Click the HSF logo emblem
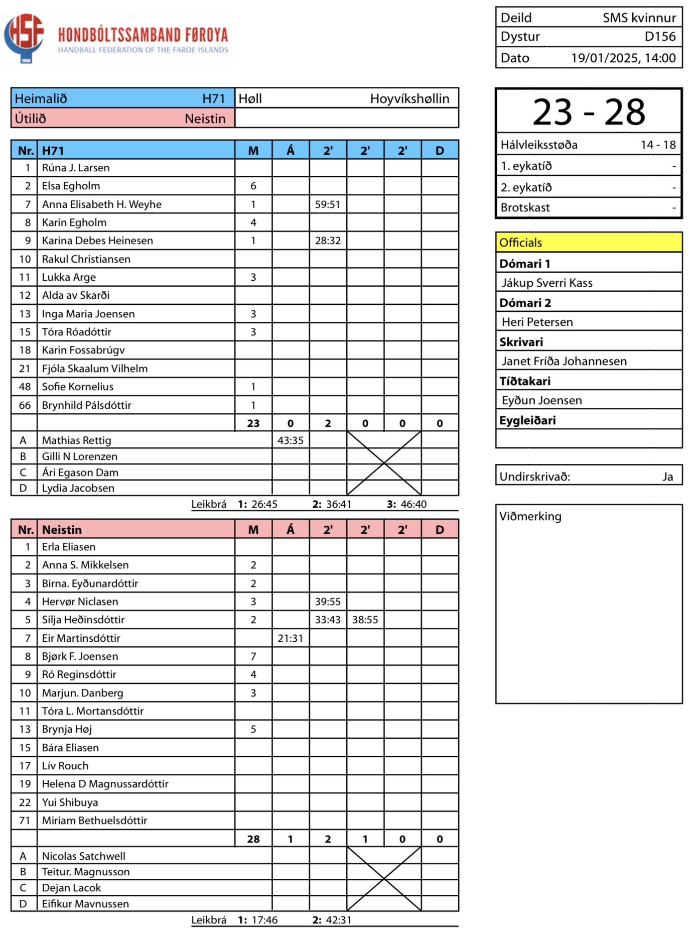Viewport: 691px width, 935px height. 24,37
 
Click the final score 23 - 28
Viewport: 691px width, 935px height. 589,112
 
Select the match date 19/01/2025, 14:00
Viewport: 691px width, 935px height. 623,58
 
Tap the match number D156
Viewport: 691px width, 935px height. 660,37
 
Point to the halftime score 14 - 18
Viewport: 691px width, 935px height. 658,145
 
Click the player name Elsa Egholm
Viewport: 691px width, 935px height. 71,186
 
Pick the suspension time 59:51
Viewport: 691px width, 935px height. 328,204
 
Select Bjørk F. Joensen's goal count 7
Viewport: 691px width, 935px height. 253,656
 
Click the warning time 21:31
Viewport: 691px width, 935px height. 291,638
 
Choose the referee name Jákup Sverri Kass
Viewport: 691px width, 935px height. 547,283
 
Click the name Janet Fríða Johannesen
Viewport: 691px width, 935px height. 564,362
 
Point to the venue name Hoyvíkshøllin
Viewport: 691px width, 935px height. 409,99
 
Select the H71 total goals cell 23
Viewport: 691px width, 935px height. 253,423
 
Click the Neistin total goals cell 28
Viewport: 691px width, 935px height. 253,839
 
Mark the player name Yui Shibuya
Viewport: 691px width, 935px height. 70,802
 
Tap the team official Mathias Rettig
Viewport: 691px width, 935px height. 76,440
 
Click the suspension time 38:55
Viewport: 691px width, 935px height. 365,620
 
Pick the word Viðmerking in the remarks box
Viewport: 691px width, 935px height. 530,517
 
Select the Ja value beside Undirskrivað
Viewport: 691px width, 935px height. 667,477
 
